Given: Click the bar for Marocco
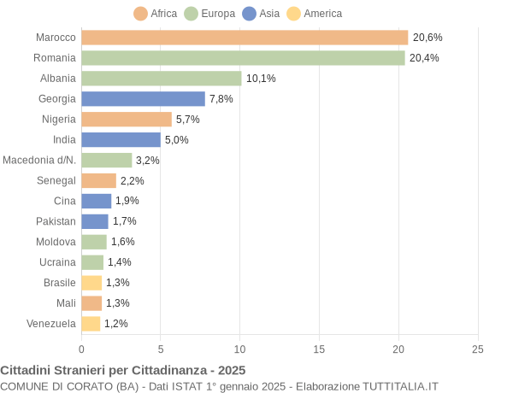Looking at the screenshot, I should [x=245, y=38].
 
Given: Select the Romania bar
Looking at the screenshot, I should [x=243, y=58].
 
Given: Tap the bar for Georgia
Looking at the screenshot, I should [x=143, y=99].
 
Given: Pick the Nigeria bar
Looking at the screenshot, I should [x=127, y=120].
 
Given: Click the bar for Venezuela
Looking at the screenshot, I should [x=91, y=324].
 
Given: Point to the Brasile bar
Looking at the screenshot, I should [x=91, y=283].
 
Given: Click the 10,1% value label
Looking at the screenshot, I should [x=261, y=79].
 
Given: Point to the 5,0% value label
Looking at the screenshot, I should [x=177, y=140].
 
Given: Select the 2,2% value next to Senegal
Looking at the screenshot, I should [x=133, y=181].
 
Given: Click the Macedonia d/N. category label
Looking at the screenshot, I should [x=39, y=161].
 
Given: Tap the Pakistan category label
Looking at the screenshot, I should [x=56, y=221].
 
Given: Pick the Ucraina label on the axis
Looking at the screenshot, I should [x=57, y=262].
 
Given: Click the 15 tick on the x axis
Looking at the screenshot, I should [x=319, y=349].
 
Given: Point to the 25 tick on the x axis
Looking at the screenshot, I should [x=477, y=349].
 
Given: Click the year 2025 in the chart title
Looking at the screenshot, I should [x=231, y=371].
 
